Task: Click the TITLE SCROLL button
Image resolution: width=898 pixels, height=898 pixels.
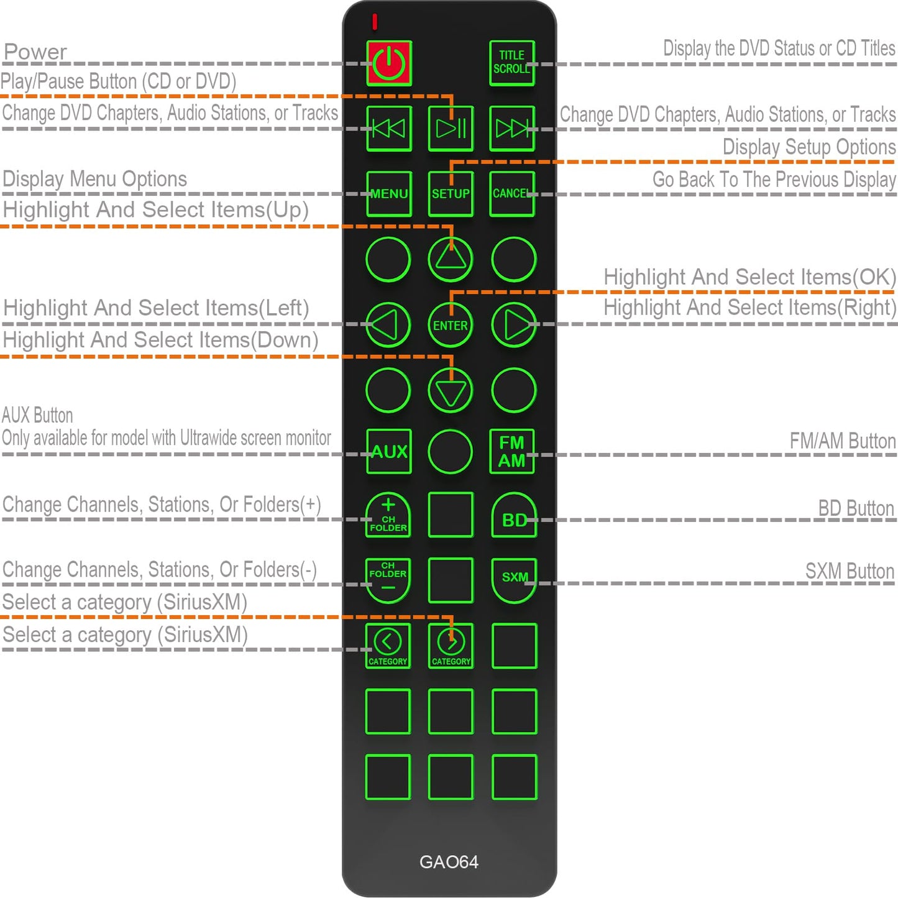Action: pyautogui.click(x=511, y=63)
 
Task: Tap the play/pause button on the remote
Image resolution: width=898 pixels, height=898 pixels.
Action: pyautogui.click(x=451, y=129)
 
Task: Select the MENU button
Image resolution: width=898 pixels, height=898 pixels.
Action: pyautogui.click(x=389, y=194)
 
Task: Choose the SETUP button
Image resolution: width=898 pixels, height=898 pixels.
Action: pyautogui.click(x=451, y=194)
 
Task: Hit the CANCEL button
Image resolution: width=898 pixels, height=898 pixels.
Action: pyautogui.click(x=511, y=194)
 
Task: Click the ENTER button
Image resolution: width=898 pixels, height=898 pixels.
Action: pyautogui.click(x=450, y=325)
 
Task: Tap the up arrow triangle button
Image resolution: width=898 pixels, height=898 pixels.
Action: pyautogui.click(x=450, y=259)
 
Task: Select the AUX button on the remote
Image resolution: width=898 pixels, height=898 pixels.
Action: pyautogui.click(x=389, y=451)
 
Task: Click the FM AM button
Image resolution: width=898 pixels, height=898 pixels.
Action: pyautogui.click(x=511, y=451)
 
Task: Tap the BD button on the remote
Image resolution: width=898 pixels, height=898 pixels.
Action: pyautogui.click(x=514, y=515)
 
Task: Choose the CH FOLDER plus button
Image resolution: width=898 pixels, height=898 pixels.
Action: pyautogui.click(x=388, y=515)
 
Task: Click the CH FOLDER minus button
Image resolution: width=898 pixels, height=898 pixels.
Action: pyautogui.click(x=388, y=580)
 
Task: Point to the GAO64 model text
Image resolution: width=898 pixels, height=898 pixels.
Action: pyautogui.click(x=449, y=862)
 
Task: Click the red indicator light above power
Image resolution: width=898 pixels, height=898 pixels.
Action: pyautogui.click(x=375, y=21)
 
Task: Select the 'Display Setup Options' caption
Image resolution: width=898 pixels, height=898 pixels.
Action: pyautogui.click(x=809, y=147)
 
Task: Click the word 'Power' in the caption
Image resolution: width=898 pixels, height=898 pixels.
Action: pyautogui.click(x=35, y=52)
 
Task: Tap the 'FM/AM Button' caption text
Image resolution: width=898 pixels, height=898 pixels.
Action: pyautogui.click(x=843, y=441)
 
